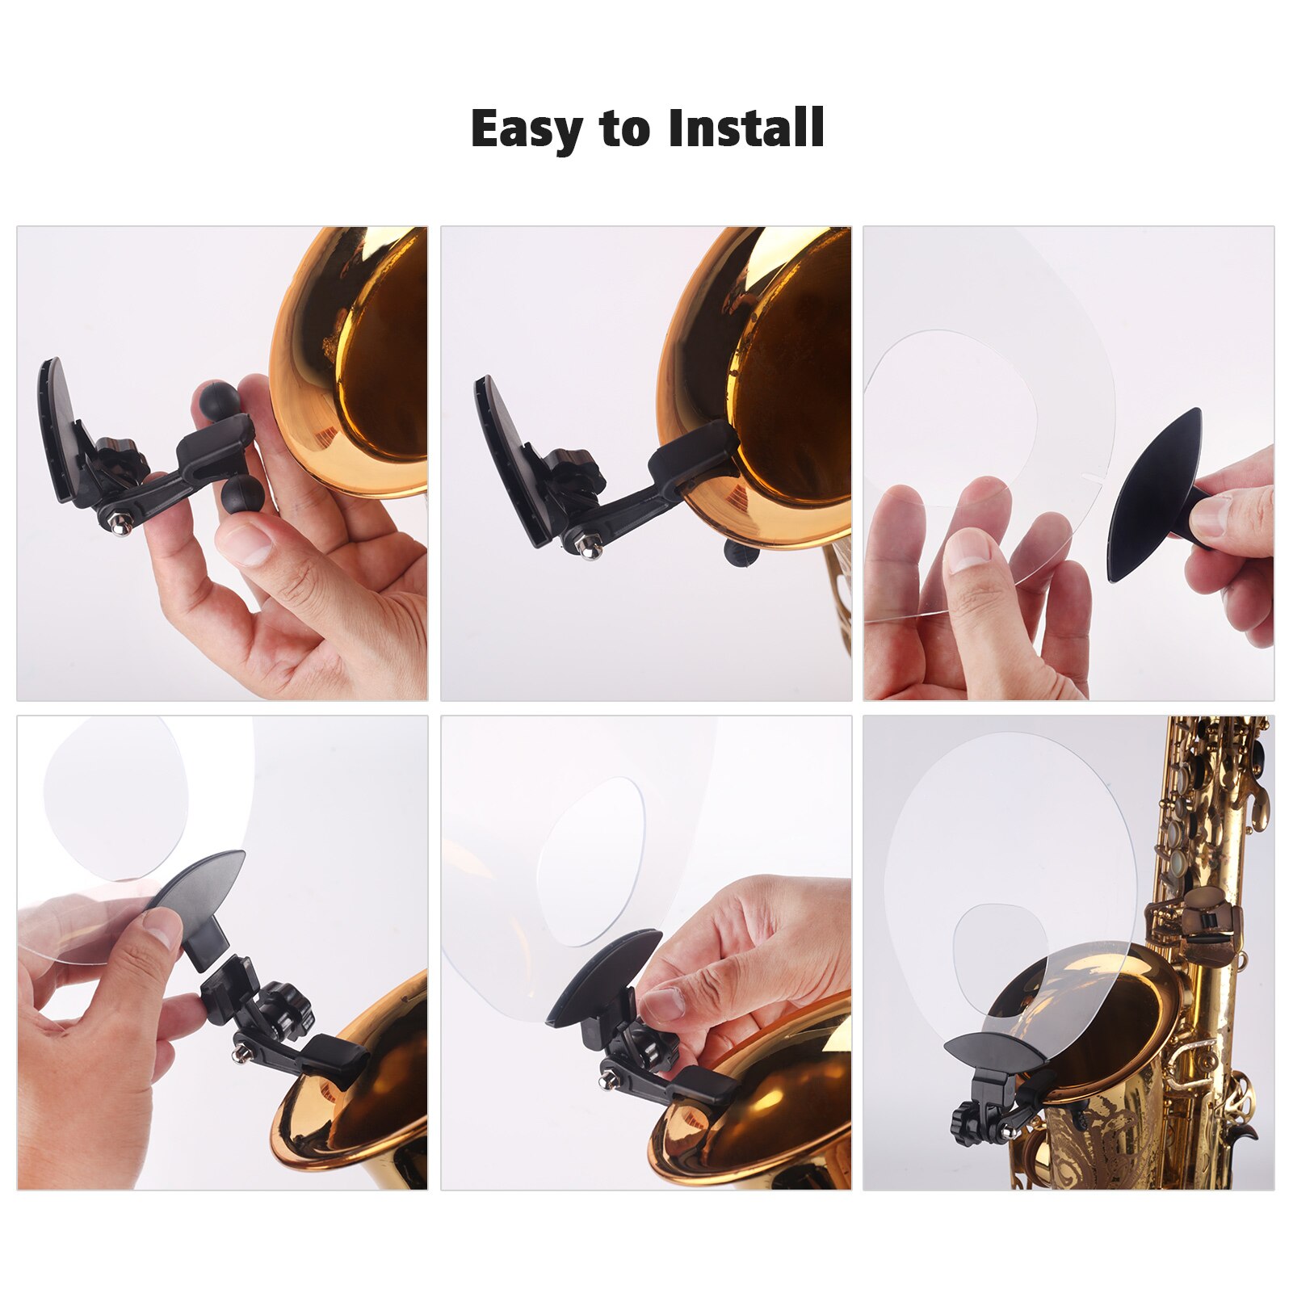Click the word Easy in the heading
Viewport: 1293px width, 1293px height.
[x=526, y=129]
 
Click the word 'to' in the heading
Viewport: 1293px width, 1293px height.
[x=624, y=129]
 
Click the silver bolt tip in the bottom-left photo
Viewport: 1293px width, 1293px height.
[x=239, y=1055]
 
